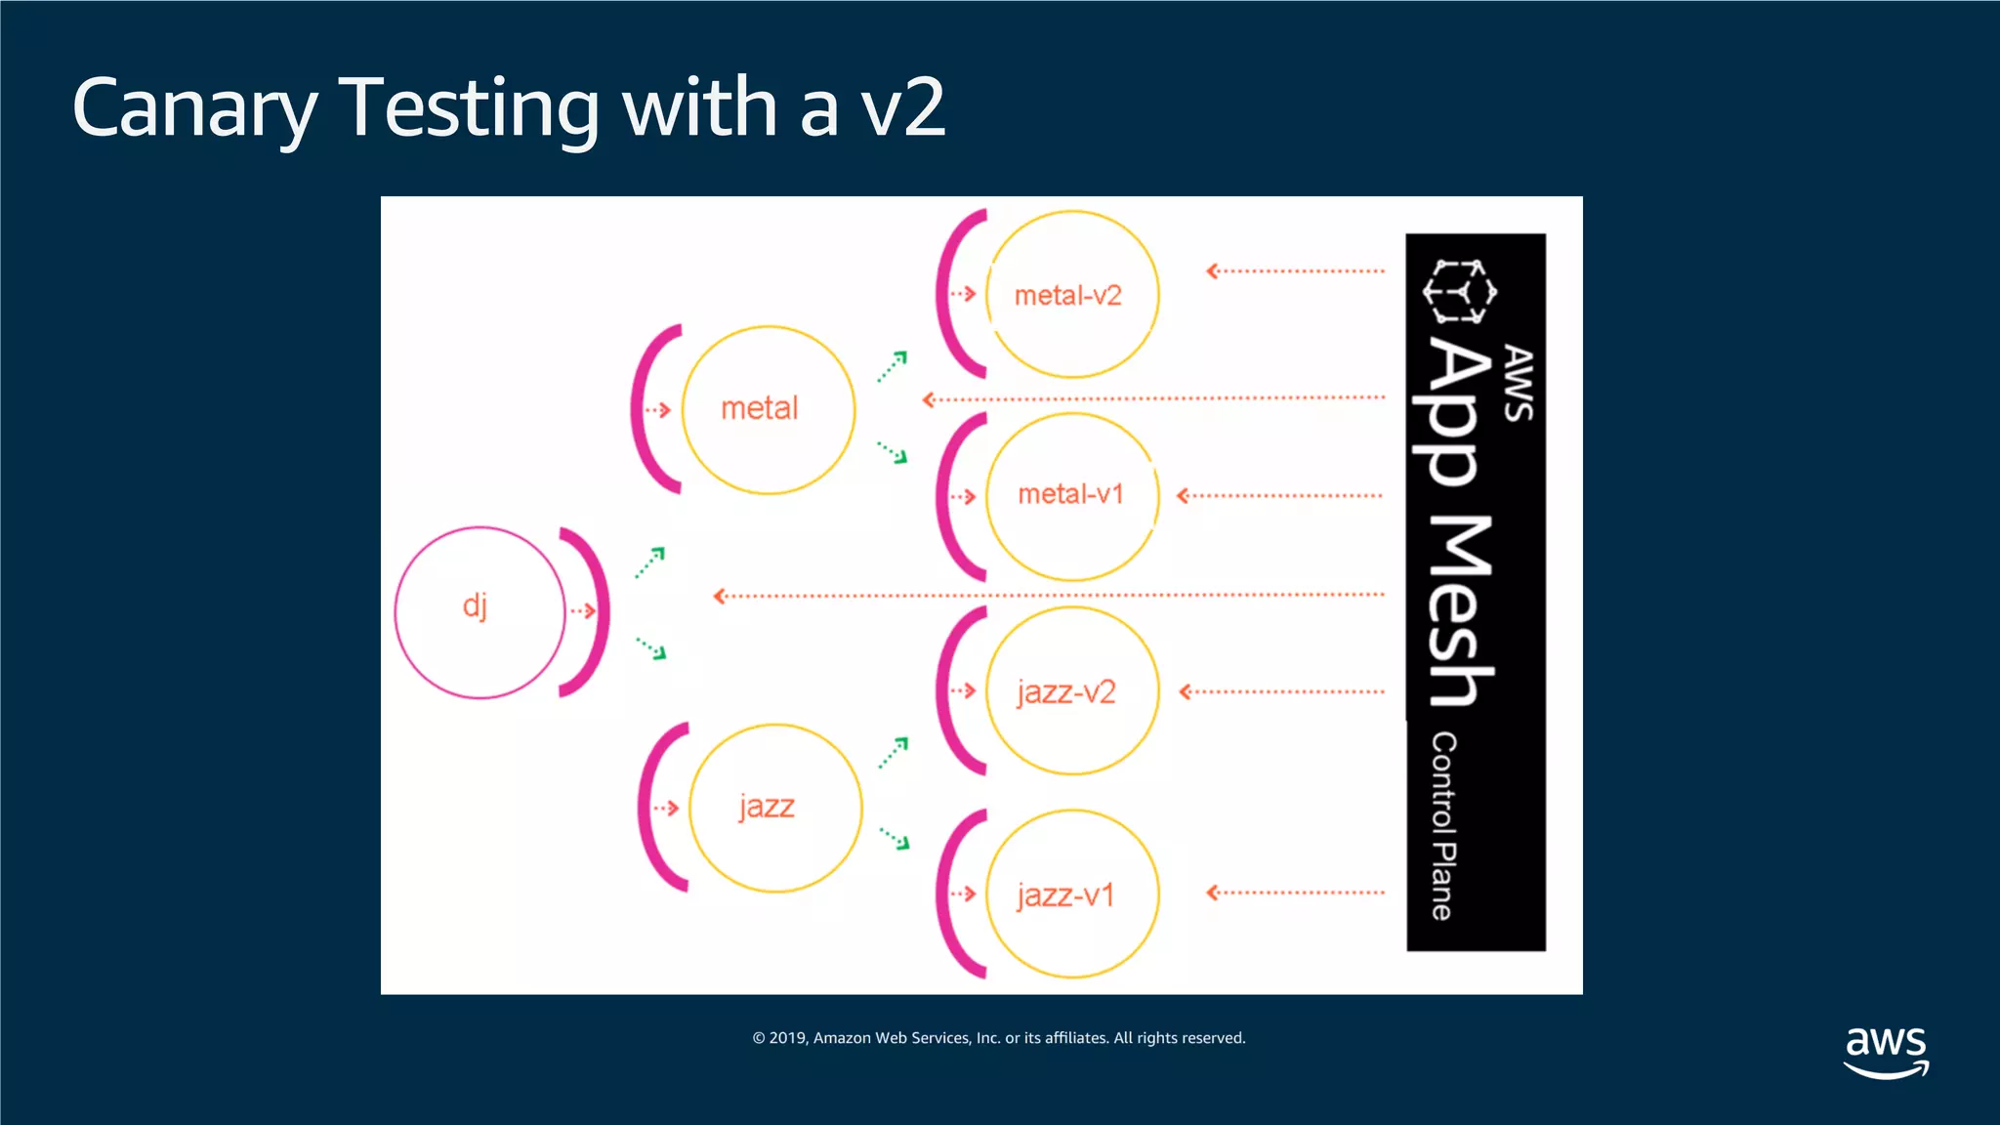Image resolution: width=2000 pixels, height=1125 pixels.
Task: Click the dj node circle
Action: (479, 612)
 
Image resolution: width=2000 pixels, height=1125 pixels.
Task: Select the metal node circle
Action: (769, 410)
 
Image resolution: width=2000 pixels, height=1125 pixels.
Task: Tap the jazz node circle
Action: (775, 808)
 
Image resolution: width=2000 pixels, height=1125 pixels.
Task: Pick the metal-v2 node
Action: (1072, 294)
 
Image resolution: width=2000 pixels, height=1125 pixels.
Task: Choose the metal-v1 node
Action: (1072, 496)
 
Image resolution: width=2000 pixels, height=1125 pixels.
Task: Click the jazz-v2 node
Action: (1072, 690)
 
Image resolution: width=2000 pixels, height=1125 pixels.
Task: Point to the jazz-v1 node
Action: (1072, 894)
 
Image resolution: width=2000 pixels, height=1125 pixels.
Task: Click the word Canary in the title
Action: (195, 107)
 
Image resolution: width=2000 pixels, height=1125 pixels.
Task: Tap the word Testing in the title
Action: (469, 107)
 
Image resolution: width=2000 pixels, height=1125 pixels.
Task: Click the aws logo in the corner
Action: (1886, 1051)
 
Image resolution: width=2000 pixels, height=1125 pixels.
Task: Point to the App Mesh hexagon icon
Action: (1459, 291)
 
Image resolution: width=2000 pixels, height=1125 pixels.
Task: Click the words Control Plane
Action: (1443, 826)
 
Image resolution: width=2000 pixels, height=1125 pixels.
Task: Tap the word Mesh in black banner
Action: (1459, 610)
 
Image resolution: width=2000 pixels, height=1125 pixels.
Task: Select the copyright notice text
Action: (999, 1038)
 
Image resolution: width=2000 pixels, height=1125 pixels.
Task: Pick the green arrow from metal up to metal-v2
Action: (893, 366)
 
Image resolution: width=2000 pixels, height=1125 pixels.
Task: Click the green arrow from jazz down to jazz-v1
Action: (895, 838)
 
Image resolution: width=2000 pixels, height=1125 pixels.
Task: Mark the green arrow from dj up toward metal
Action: (650, 562)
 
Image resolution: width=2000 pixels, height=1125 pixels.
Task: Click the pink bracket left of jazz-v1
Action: (947, 894)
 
